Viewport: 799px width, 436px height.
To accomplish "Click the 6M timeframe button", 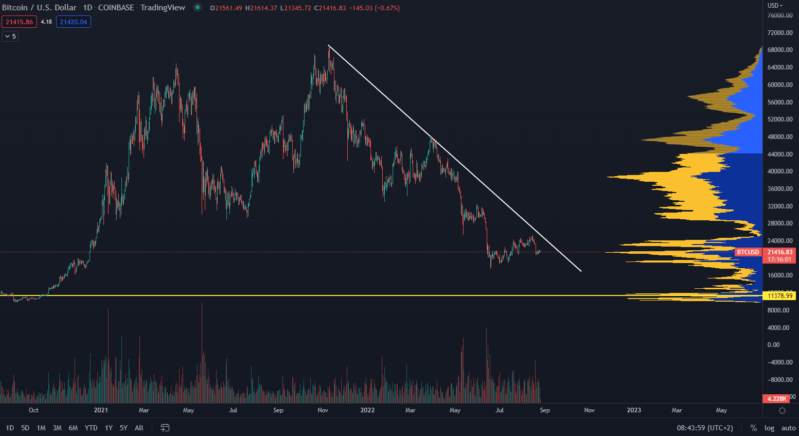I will (73, 428).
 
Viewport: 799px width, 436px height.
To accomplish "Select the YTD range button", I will (91, 428).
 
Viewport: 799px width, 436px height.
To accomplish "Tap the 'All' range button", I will (139, 428).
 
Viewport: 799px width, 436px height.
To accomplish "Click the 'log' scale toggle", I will (769, 428).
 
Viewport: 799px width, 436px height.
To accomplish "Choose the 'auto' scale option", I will (788, 428).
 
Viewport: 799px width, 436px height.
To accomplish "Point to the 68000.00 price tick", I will (780, 50).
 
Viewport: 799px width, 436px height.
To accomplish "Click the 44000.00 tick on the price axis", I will (780, 154).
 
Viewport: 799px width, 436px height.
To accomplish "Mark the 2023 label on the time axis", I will (634, 410).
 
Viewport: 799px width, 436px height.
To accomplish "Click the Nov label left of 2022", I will (323, 410).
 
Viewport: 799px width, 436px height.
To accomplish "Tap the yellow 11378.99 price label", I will (780, 295).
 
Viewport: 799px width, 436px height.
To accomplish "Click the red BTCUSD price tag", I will (748, 252).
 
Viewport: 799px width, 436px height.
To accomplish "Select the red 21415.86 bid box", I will (19, 22).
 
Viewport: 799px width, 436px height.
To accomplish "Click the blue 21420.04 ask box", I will (74, 22).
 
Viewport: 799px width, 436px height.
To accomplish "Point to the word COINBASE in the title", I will (116, 8).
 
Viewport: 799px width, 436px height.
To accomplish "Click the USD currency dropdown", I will (775, 5).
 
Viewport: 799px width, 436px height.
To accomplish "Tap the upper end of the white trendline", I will (329, 46).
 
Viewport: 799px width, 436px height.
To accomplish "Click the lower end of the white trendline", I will (581, 271).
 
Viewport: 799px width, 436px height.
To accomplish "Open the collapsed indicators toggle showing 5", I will (10, 36).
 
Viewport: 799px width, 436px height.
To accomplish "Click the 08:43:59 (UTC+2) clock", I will (705, 428).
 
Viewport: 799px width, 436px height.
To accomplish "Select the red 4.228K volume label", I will (776, 398).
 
